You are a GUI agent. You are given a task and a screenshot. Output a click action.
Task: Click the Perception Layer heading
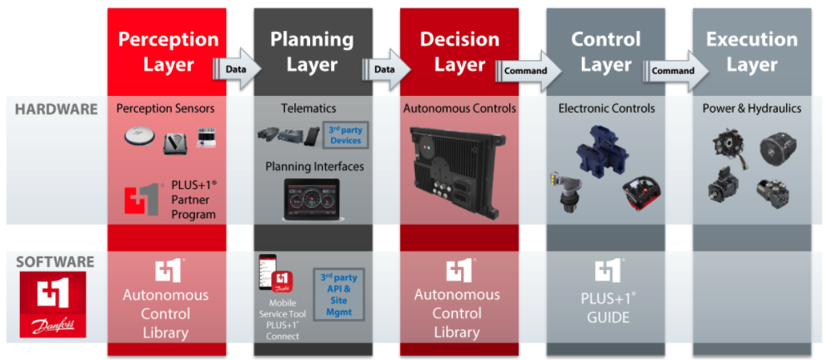pyautogui.click(x=168, y=52)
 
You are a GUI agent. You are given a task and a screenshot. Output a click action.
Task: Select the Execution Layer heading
pyautogui.click(x=752, y=52)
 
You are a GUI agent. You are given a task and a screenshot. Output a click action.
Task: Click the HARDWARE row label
pyautogui.click(x=57, y=109)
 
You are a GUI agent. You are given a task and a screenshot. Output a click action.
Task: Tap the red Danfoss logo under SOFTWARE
pyautogui.click(x=53, y=305)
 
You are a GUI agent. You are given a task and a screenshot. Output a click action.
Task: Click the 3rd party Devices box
pyautogui.click(x=346, y=135)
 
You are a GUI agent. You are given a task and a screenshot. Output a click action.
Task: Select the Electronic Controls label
pyautogui.click(x=607, y=108)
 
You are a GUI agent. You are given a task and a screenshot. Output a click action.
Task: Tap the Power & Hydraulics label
pyautogui.click(x=752, y=108)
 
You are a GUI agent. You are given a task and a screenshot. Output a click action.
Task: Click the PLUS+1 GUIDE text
pyautogui.click(x=605, y=307)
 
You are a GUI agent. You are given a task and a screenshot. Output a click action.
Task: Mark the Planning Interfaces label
pyautogui.click(x=314, y=167)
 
